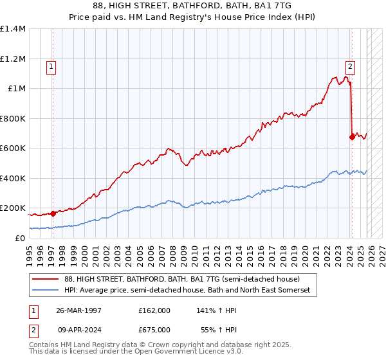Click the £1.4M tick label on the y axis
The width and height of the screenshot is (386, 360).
(x=13, y=29)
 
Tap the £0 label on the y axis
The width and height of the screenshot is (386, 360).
(x=21, y=239)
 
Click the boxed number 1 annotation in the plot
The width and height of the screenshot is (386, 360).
(x=51, y=65)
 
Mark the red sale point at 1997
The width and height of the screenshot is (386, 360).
(x=53, y=213)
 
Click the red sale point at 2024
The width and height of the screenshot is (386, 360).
(x=352, y=137)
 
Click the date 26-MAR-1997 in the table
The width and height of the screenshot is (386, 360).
(x=78, y=310)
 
